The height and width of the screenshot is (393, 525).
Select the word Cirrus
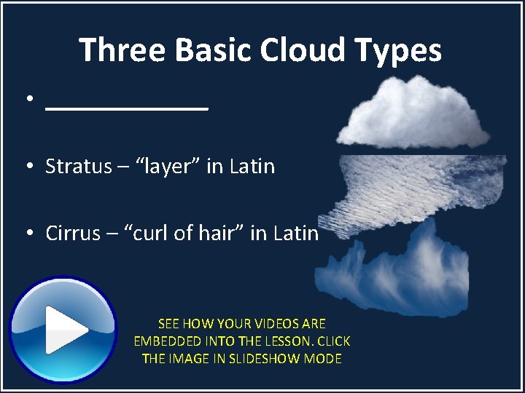[69, 234]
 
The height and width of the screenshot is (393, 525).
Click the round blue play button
[63, 330]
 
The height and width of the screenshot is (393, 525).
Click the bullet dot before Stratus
[28, 167]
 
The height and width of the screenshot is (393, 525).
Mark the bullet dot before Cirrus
[28, 234]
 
